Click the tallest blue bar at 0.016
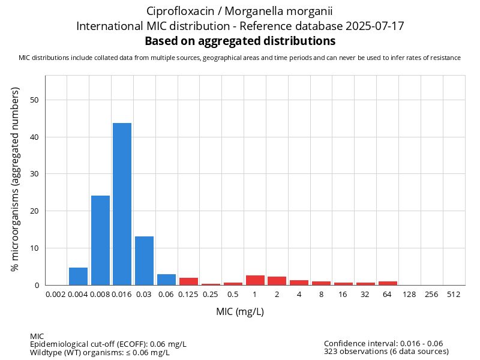point(122,204)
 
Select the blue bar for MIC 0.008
point(100,240)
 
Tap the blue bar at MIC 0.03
point(144,261)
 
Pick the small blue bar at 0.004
point(78,277)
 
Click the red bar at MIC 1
point(255,280)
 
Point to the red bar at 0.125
point(188,281)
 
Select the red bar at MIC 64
point(388,283)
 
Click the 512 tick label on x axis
point(454,295)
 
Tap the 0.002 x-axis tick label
point(56,295)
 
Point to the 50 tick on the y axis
point(34,100)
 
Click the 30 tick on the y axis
point(34,174)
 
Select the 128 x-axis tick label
point(410,295)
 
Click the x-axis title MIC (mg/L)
point(240,312)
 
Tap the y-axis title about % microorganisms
point(16,179)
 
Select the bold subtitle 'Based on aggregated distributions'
point(240,41)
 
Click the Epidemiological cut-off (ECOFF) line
point(108,344)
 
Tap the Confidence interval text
point(383,343)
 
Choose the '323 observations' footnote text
point(386,352)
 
